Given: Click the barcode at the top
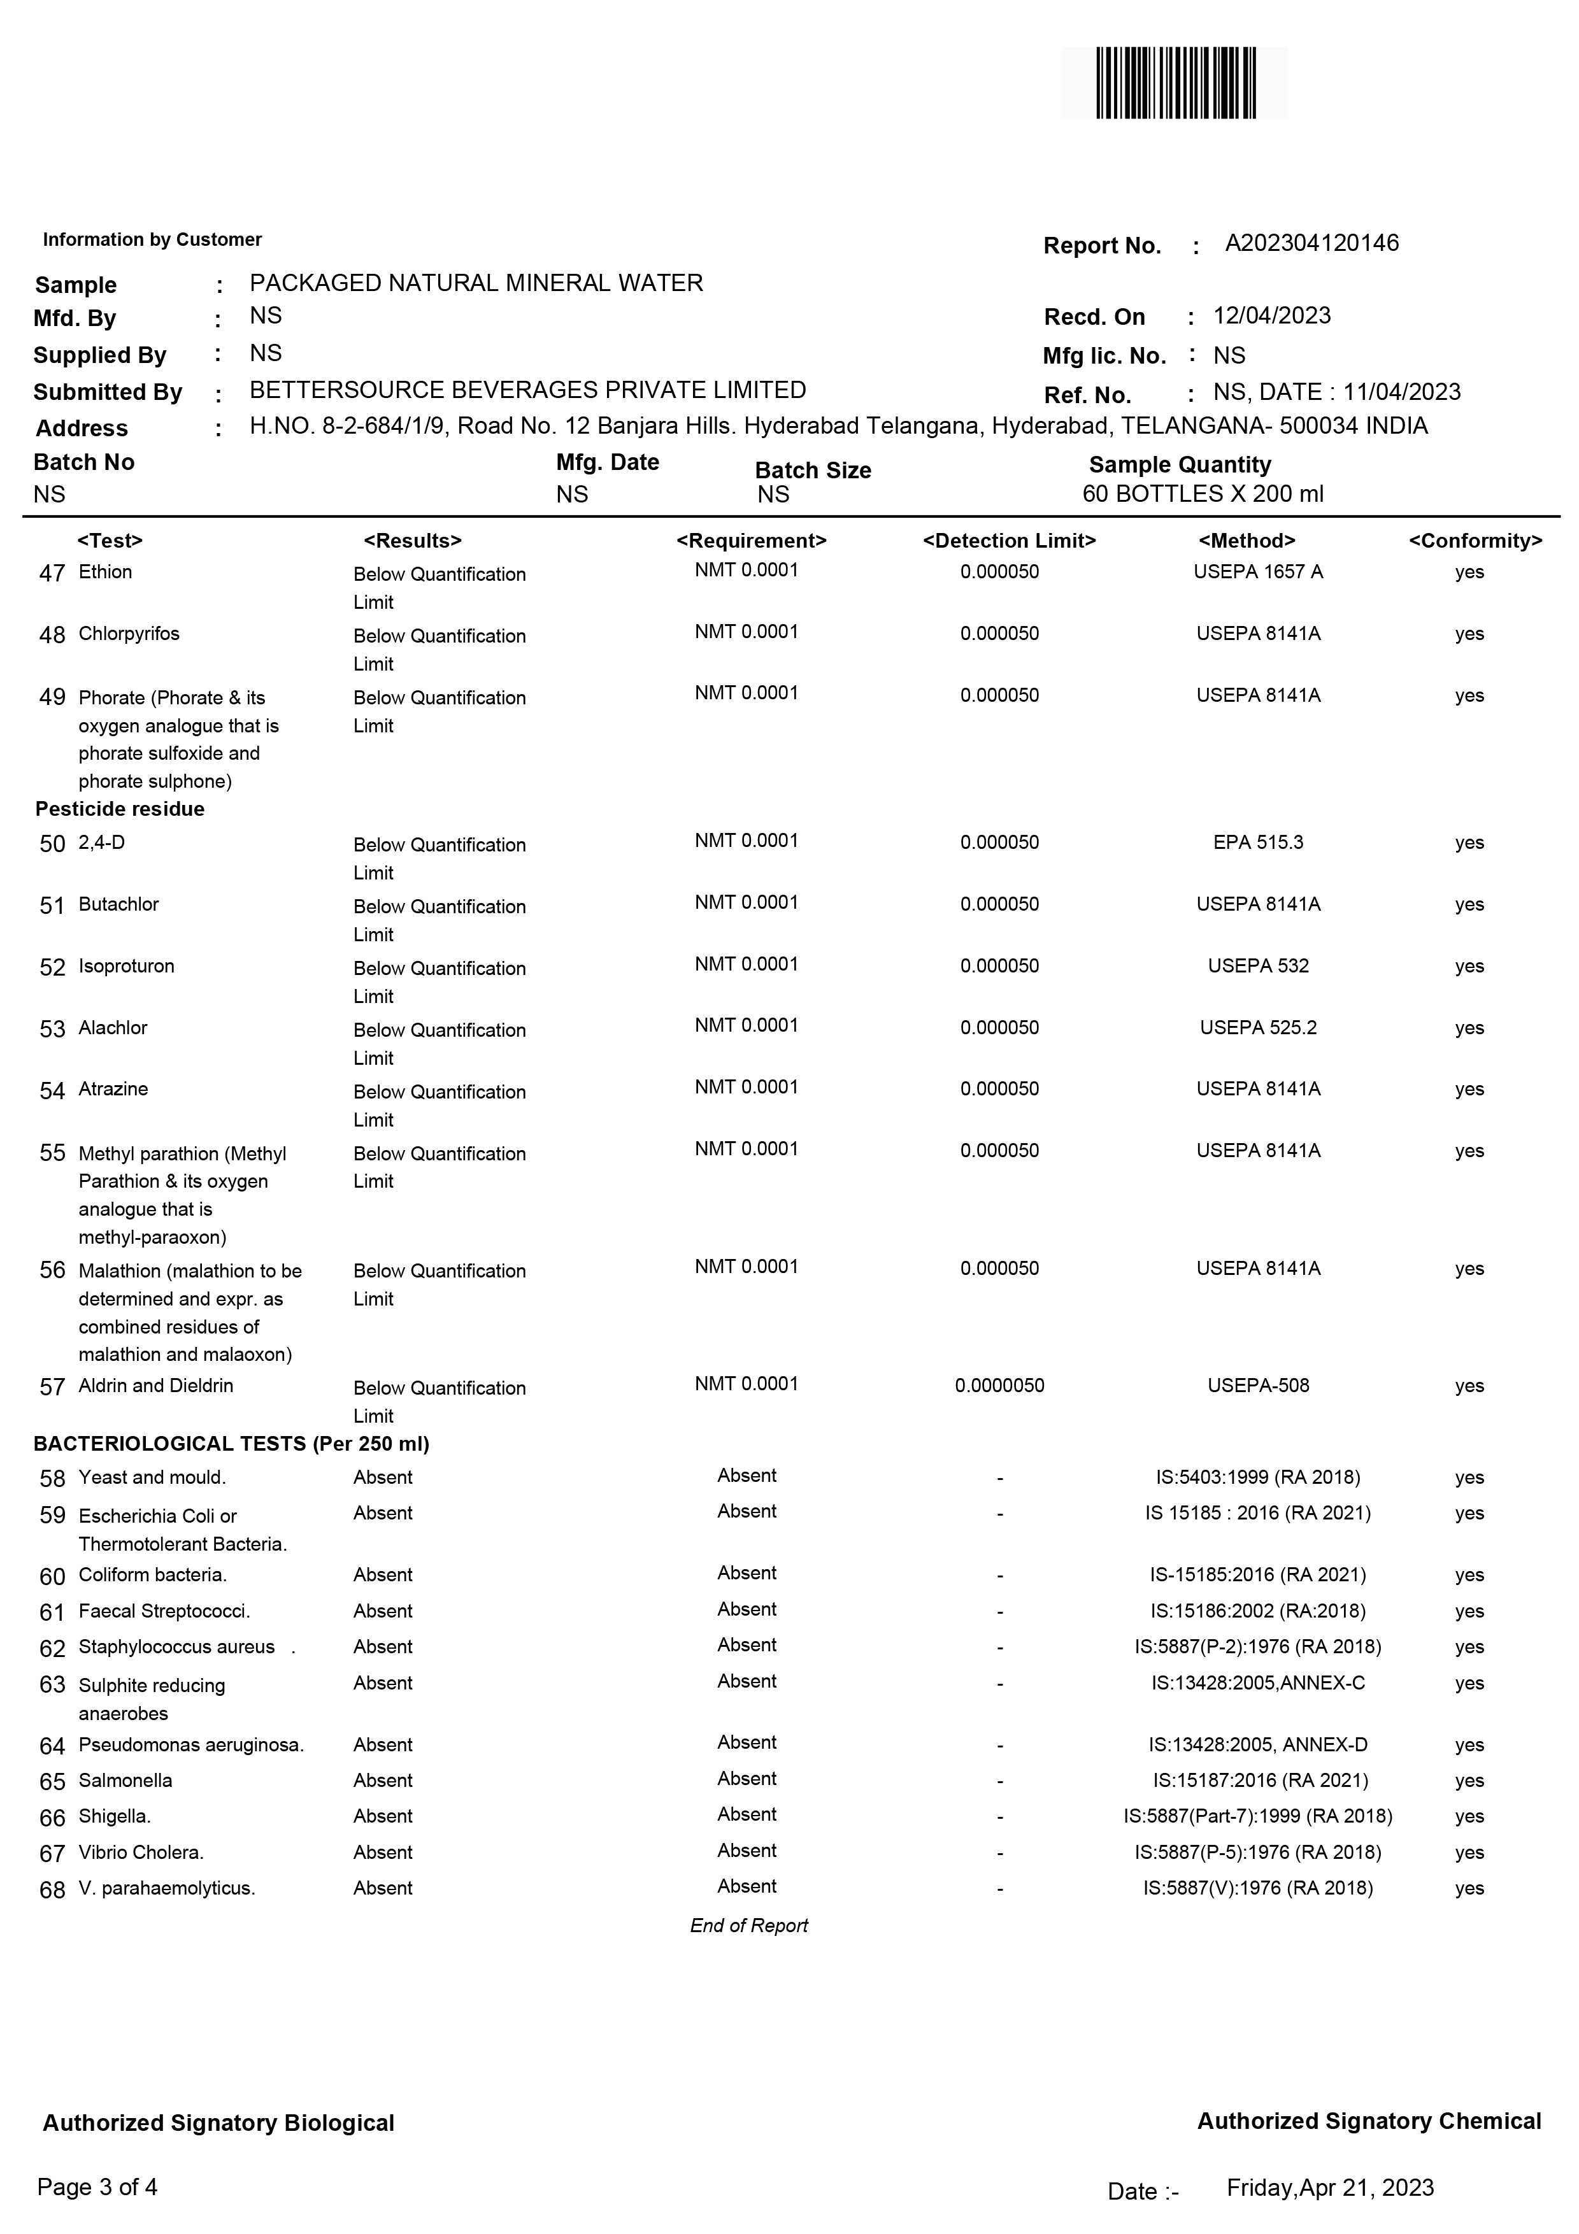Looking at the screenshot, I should [x=1175, y=83].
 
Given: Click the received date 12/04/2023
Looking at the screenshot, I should [x=1271, y=317].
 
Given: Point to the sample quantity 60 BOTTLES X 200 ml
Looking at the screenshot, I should [x=1203, y=494].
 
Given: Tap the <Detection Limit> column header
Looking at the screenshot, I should [x=1009, y=541].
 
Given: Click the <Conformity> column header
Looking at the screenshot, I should [x=1475, y=541].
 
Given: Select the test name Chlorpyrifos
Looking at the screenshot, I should [x=129, y=634].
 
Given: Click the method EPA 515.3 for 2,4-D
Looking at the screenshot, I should [x=1258, y=843].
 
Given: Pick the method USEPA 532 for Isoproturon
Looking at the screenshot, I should [x=1258, y=966].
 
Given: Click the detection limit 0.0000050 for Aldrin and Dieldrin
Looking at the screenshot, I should [x=999, y=1386].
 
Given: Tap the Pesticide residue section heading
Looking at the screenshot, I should [x=120, y=809].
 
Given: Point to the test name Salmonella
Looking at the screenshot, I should [x=125, y=1781].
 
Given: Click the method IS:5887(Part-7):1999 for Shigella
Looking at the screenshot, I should [x=1258, y=1817].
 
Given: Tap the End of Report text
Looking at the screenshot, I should [x=749, y=1926].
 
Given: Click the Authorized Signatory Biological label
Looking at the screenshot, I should [x=219, y=2123].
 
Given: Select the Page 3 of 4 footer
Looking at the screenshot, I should [x=97, y=2188].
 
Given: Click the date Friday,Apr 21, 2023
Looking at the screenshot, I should [x=1330, y=2188].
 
